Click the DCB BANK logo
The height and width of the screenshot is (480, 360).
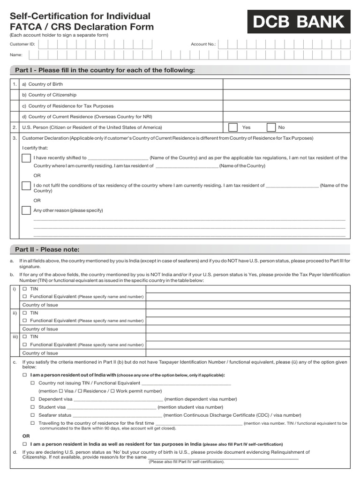[x=299, y=22]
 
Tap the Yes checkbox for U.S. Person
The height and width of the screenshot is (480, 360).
[x=232, y=127]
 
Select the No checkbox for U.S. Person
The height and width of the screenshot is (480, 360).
[x=271, y=127]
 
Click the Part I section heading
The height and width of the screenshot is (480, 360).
[x=105, y=70]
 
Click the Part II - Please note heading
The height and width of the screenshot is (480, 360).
[x=47, y=249]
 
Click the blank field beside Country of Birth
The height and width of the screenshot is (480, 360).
[x=286, y=84]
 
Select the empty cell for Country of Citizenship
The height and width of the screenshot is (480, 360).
[x=286, y=95]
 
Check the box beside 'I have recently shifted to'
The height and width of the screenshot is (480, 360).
[x=26, y=158]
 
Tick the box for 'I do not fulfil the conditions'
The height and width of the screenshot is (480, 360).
[x=26, y=186]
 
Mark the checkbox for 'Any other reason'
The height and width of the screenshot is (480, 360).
[x=26, y=210]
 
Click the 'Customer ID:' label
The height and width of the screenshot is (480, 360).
[x=22, y=44]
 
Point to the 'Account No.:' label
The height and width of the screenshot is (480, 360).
[x=203, y=44]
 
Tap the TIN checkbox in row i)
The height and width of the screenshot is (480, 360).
[x=25, y=289]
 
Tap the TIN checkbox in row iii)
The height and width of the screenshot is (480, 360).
[x=25, y=337]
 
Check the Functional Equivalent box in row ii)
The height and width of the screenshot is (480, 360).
[x=25, y=321]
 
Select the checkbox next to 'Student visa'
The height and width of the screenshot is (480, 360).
[x=33, y=407]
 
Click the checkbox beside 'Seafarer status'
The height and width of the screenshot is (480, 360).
[x=33, y=415]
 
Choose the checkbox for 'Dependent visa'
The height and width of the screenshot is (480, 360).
[x=33, y=399]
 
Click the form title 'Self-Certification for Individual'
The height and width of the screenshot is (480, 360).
[x=80, y=16]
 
